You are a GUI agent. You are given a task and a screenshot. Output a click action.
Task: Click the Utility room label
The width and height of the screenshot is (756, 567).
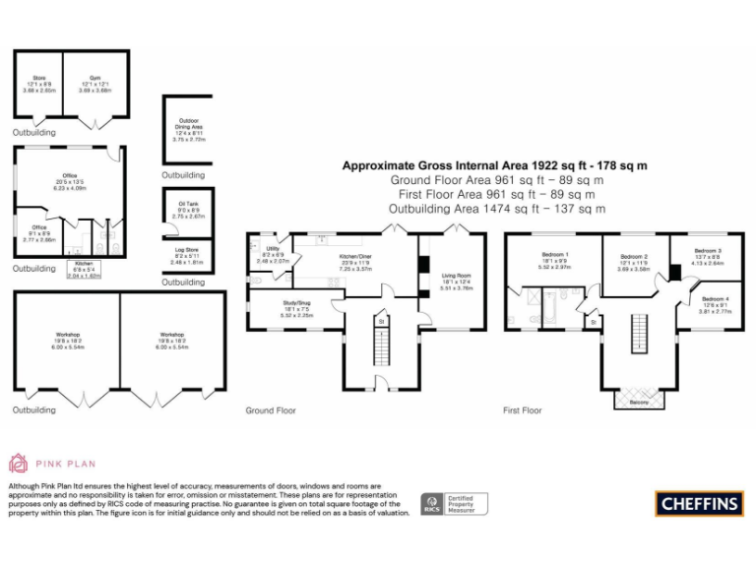272,251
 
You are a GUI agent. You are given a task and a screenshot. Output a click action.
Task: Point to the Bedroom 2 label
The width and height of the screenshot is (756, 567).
633,259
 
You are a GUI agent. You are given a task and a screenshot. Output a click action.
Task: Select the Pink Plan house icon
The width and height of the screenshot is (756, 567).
19,462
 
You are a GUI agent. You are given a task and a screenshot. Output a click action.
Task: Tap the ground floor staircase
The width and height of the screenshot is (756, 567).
379,348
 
